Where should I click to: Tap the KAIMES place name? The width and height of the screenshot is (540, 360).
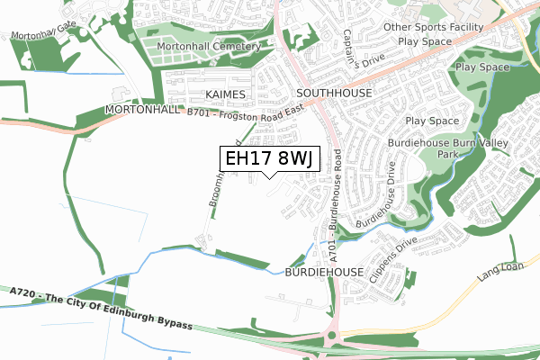[225, 94]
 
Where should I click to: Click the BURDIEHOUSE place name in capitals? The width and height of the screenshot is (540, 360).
[323, 271]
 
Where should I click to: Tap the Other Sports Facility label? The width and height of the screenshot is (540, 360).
[434, 27]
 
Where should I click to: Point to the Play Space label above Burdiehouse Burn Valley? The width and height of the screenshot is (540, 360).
[432, 121]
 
